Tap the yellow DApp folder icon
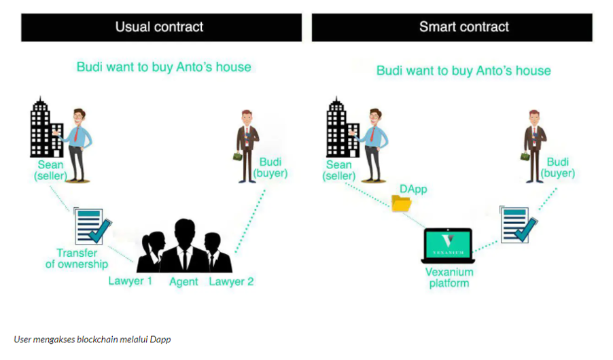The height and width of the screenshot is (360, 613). (401, 203)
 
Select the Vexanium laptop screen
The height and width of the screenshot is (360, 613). (448, 245)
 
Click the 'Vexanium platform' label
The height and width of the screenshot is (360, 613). (449, 278)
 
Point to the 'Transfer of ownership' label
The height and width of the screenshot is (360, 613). (77, 259)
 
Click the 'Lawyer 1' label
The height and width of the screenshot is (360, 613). (130, 281)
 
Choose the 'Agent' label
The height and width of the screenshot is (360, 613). (183, 282)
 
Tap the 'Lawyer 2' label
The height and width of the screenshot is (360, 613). (231, 281)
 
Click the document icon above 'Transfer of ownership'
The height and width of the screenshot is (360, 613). (92, 226)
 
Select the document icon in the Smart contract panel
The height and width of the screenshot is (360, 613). (519, 224)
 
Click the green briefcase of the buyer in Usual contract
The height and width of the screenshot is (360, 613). (238, 156)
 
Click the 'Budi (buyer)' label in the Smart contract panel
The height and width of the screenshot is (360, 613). (558, 168)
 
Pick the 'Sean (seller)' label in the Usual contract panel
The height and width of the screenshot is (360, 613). (50, 170)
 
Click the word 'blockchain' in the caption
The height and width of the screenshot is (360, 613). (97, 340)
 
